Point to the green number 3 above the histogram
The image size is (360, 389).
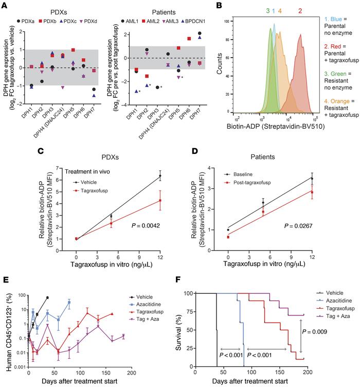coord(268,11)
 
